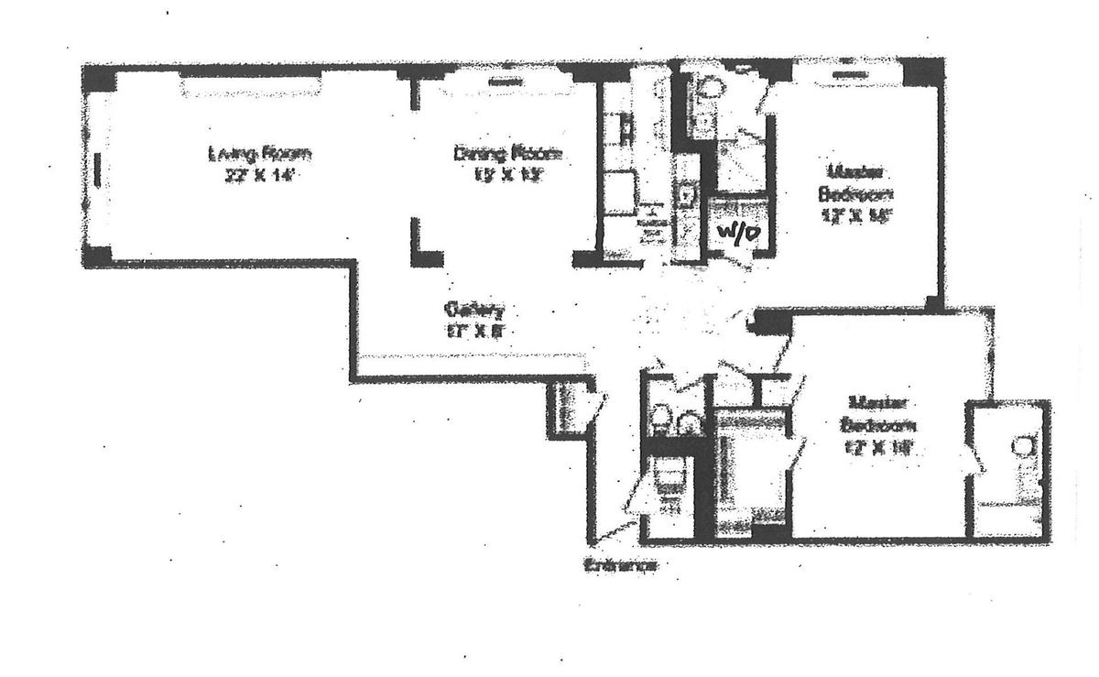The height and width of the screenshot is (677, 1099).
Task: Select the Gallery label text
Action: [x=473, y=309]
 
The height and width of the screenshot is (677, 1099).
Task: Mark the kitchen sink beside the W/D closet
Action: [x=686, y=193]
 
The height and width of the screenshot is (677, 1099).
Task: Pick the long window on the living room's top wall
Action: [x=251, y=85]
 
